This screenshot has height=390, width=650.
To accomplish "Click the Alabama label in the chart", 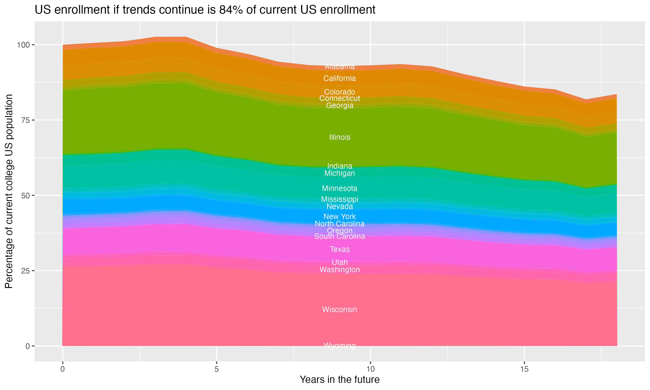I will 340,67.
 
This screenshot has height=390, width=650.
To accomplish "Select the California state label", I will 340,78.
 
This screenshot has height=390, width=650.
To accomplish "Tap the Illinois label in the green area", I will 340,137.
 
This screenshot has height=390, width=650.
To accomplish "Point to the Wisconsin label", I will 340,309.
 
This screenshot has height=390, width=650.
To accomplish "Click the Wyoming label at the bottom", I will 340,346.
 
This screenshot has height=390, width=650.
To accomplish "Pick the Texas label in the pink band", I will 340,249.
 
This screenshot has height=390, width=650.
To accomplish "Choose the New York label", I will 340,216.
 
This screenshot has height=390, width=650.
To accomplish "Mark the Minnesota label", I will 340,188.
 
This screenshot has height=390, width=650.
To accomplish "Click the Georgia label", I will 340,105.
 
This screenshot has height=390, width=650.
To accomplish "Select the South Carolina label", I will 340,236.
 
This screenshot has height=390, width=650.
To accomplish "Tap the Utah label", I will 340,262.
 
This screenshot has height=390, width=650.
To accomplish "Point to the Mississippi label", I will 340,199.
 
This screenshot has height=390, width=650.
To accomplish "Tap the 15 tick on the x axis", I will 524,369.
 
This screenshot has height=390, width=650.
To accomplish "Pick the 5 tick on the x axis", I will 216,369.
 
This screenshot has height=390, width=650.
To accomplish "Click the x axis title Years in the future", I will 340,379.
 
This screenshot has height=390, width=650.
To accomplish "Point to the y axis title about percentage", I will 9,191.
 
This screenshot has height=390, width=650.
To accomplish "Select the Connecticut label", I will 340,98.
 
